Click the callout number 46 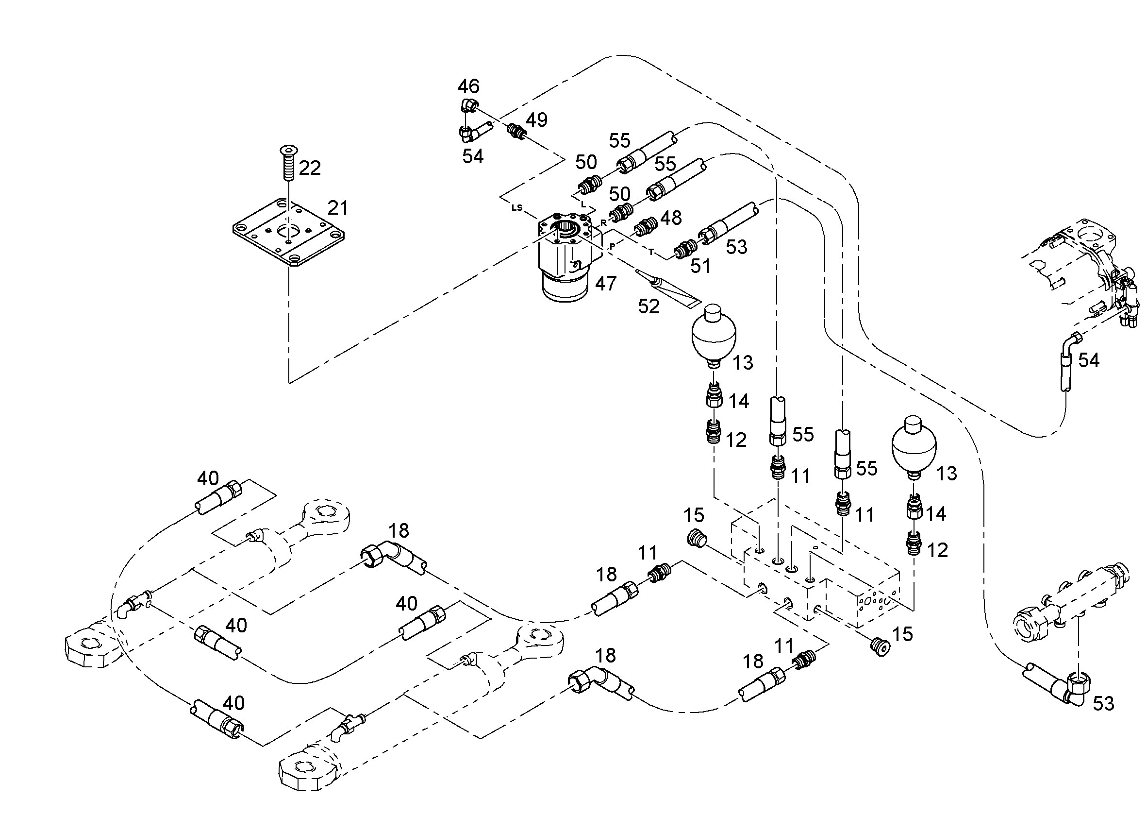click(468, 86)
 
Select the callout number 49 click(536, 120)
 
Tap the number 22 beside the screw click(310, 168)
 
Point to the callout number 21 click(338, 207)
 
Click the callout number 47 click(605, 284)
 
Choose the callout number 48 click(671, 218)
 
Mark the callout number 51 click(700, 266)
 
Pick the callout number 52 click(649, 306)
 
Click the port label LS click(516, 207)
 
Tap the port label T click(651, 251)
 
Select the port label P click(613, 246)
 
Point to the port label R click(603, 222)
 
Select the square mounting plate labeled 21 click(289, 232)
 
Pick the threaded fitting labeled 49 click(516, 131)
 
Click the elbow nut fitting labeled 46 click(469, 105)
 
